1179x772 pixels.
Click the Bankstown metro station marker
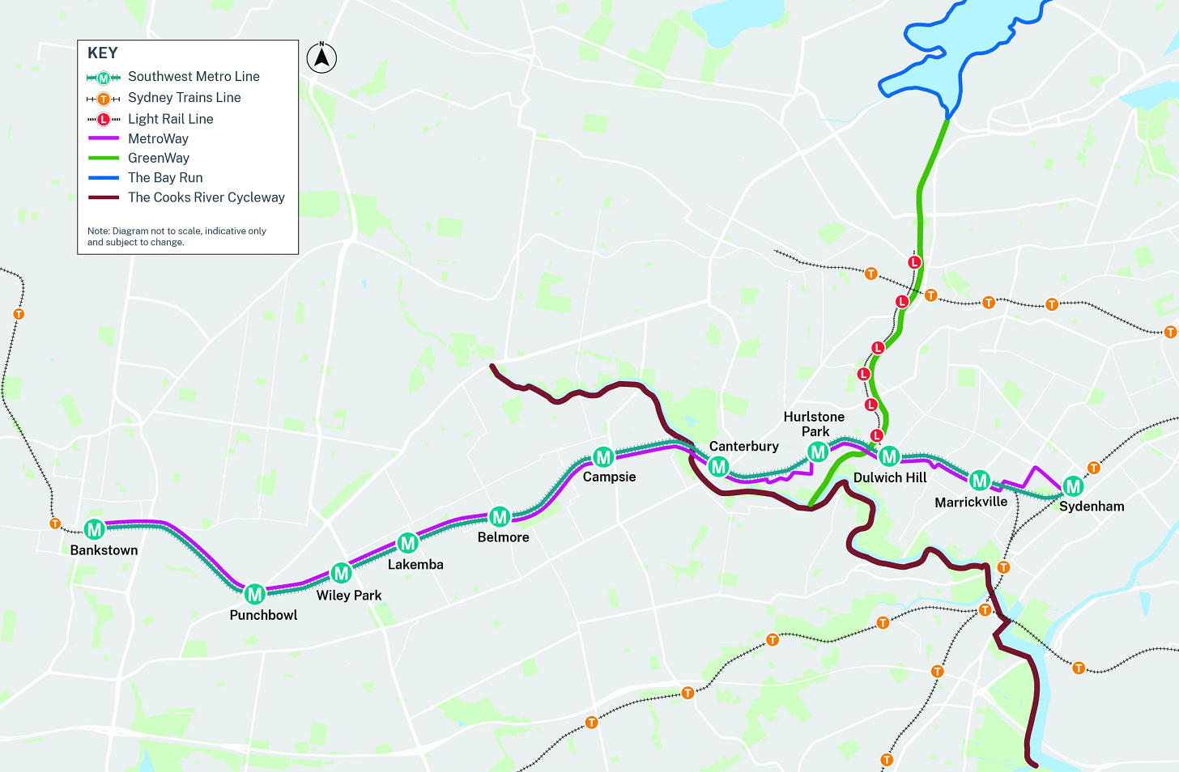95,529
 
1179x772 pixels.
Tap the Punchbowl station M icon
255,594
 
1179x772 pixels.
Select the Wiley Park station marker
341,573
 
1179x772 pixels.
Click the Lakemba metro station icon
407,543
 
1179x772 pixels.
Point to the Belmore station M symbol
500,516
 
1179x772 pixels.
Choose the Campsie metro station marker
602,457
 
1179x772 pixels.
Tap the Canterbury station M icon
718,466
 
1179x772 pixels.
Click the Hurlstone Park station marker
818,452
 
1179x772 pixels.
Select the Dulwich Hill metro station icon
889,456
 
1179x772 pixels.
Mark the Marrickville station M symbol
980,481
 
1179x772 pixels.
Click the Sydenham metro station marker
1073,486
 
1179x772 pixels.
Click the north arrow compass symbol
321,57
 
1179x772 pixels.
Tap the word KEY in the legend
103,53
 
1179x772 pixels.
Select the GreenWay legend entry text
159,158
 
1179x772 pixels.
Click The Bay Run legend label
165,177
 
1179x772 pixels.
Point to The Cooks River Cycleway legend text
206,197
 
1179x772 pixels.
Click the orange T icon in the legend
104,99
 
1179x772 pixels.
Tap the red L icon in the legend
104,119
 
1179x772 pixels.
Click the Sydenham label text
1092,507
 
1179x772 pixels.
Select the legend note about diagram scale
177,236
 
